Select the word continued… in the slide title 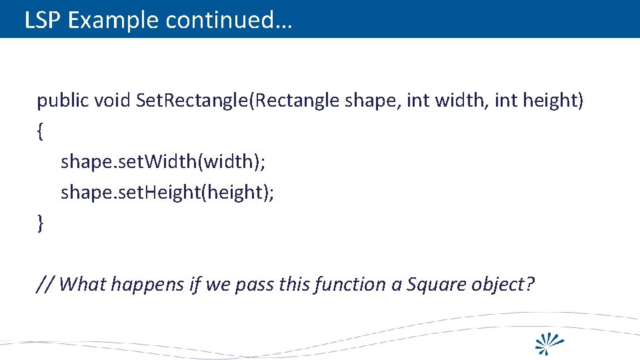229,21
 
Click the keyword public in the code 63,101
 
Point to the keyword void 112,101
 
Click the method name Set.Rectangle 195,101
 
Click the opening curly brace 41,132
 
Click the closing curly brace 41,224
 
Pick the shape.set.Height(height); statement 167,193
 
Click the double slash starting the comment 45,285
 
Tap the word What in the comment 83,285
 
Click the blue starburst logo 551,341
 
